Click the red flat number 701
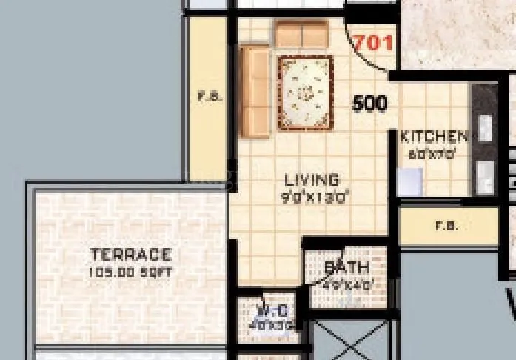click(x=373, y=43)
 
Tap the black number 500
click(x=369, y=103)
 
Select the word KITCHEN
click(x=434, y=137)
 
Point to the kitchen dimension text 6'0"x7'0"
click(x=432, y=155)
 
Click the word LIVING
click(x=312, y=180)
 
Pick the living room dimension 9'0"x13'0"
click(x=315, y=197)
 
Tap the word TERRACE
click(x=130, y=255)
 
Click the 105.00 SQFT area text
click(x=130, y=273)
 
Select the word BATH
click(x=347, y=267)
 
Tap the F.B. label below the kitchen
click(x=446, y=227)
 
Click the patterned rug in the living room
click(x=305, y=93)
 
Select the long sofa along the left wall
click(x=255, y=92)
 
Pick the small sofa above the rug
click(x=301, y=34)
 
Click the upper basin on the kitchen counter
click(x=485, y=128)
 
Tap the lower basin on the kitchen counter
click(x=485, y=178)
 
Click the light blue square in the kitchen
click(x=409, y=182)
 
